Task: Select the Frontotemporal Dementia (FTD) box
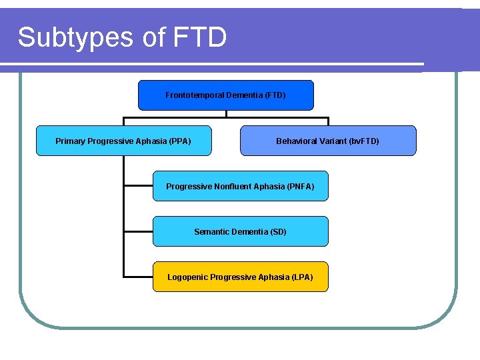[225, 95]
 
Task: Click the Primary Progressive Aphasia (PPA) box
[123, 141]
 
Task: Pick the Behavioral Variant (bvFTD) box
[327, 141]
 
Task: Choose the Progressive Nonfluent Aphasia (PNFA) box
[240, 186]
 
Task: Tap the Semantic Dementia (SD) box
[240, 231]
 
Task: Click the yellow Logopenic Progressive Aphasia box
[240, 277]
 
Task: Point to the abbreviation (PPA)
[180, 141]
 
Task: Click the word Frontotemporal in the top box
[194, 95]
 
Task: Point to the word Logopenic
[187, 277]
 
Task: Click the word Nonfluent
[238, 186]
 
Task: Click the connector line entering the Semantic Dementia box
[138, 231]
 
